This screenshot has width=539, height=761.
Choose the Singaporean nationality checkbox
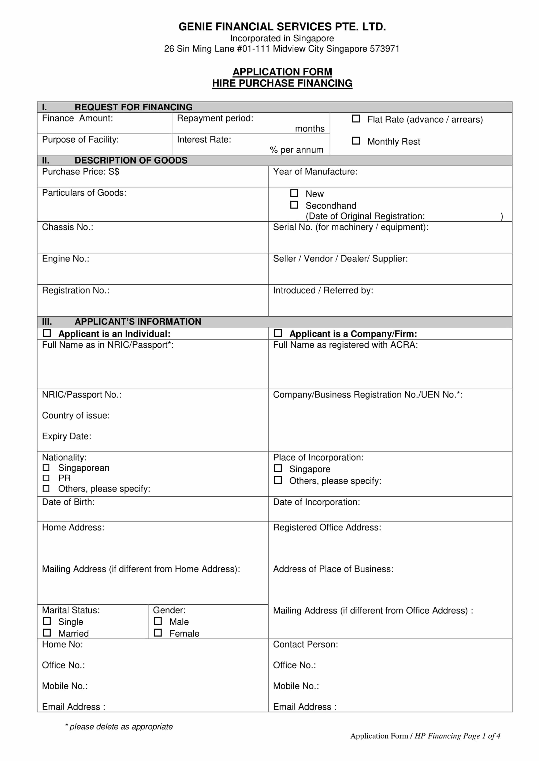46,468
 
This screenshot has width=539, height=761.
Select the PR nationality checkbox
46,478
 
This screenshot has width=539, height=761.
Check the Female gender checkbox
158,633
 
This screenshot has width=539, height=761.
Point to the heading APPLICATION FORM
282,72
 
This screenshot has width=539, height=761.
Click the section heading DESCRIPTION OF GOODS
131,160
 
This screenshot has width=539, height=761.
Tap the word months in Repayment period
310,129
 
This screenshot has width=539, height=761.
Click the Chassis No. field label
67,227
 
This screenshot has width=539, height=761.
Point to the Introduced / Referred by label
323,290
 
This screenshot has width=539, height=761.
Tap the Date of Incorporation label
316,502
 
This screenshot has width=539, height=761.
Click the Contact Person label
305,644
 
